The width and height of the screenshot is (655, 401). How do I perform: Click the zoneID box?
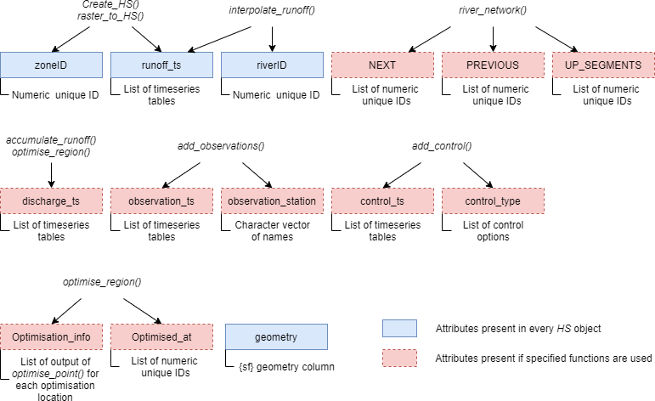51,65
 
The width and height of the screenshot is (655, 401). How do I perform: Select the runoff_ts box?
161,65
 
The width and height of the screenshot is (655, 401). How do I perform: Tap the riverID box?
272,65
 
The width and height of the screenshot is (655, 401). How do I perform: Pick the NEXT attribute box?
382,65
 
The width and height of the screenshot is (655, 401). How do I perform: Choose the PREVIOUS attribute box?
493,65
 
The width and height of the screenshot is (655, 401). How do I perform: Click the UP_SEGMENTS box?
603,65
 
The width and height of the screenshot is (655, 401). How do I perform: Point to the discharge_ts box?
51,200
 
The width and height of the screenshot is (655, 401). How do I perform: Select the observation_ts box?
161,200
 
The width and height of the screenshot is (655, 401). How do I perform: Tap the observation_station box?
272,200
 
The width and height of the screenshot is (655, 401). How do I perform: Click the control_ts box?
382,200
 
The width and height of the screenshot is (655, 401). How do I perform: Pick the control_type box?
493,200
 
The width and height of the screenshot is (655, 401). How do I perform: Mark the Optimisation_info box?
51,336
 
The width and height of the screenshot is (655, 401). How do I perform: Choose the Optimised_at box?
161,336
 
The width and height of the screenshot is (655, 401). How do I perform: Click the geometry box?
276,336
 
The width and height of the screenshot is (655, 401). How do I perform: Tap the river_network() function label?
493,9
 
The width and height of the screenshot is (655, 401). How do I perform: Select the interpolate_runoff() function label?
272,9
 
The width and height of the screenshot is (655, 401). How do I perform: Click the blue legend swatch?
399,328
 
